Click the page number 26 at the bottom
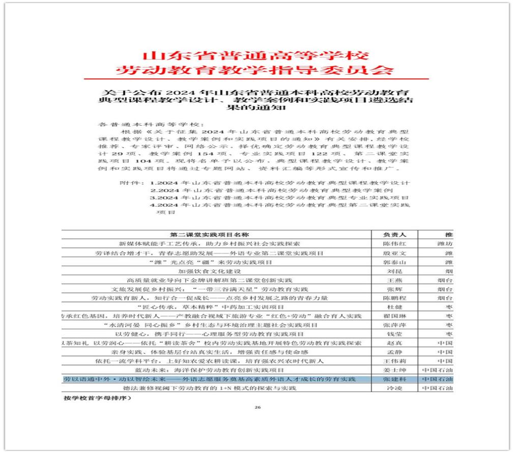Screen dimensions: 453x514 (257, 408)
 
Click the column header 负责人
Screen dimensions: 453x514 (395, 235)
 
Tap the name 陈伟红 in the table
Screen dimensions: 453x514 (395, 244)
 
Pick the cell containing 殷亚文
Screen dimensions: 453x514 (395, 253)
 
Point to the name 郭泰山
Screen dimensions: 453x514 (395, 262)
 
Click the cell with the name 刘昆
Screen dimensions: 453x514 (395, 271)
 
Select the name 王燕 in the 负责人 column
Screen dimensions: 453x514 (395, 280)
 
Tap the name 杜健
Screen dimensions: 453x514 (395, 307)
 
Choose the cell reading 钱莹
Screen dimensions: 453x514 (395, 334)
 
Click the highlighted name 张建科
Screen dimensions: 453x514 (395, 379)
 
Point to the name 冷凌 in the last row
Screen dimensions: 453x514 (395, 388)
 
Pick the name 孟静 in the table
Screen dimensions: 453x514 (395, 352)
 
